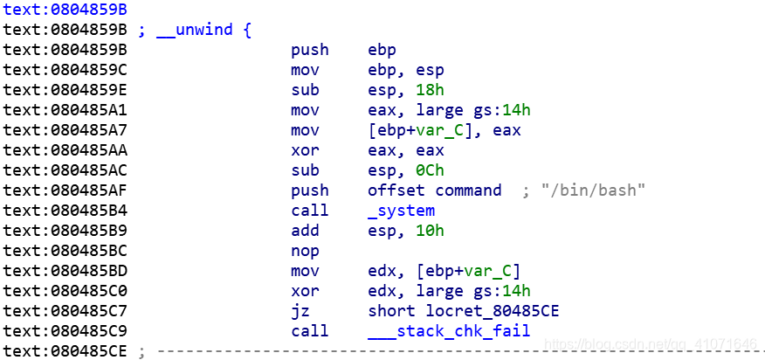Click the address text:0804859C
point(65,70)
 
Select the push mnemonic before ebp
point(309,50)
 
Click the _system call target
point(402,211)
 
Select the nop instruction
point(305,251)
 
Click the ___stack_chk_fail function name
point(449,331)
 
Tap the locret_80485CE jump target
point(464,311)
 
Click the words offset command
point(435,190)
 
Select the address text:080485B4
point(65,211)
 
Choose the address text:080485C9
point(65,331)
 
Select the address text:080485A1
point(65,110)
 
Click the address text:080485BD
point(65,271)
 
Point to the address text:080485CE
point(65,351)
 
